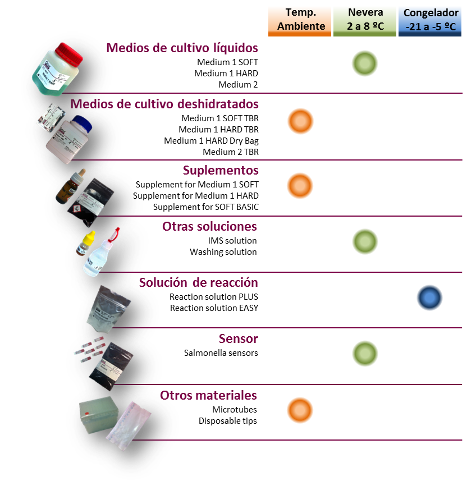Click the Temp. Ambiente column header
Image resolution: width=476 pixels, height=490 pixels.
pos(299,21)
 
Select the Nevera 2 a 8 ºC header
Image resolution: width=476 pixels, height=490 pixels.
pos(365,21)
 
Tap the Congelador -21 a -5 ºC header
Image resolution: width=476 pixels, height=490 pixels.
pos(430,21)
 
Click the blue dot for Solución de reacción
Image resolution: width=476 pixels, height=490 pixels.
pos(429,297)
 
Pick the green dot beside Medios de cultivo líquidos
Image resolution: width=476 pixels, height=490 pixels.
pos(365,63)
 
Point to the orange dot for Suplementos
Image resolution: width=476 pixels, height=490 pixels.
pos(300,186)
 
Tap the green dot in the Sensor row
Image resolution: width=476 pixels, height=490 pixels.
pos(365,354)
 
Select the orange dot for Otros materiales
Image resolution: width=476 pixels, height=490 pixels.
pos(300,410)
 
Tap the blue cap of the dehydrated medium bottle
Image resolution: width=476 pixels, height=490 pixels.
pos(83,124)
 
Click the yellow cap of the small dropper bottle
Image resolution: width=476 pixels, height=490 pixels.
pos(90,237)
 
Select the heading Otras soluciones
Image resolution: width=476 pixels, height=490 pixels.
pos(209,226)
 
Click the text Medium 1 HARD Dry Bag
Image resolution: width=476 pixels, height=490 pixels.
pos(211,141)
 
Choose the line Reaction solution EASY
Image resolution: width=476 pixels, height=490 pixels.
pos(214,308)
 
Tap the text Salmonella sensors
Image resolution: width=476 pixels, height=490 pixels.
pos(221,353)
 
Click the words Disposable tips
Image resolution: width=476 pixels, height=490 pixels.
pos(228,421)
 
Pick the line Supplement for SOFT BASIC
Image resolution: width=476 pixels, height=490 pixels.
pos(206,207)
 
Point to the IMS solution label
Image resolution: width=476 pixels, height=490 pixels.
pos(232,241)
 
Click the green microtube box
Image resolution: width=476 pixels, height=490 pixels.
pos(98,415)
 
